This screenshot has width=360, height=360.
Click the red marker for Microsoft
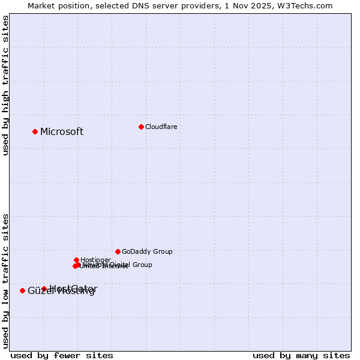(35, 131)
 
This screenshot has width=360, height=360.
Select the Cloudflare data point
(141, 127)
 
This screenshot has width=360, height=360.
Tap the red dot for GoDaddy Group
(118, 251)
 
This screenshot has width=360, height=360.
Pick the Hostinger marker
(76, 260)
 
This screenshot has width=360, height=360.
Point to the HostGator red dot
(44, 289)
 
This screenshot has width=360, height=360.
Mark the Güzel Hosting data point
(22, 290)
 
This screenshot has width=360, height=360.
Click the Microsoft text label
(62, 132)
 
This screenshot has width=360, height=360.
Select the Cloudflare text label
(161, 127)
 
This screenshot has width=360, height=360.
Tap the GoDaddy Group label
(147, 251)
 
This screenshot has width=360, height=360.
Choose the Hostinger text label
(95, 260)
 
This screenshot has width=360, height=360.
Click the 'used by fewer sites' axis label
(62, 356)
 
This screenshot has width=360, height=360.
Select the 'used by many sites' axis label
(301, 356)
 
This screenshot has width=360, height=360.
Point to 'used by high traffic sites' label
(6, 85)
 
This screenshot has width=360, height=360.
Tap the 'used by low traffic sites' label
(6, 281)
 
